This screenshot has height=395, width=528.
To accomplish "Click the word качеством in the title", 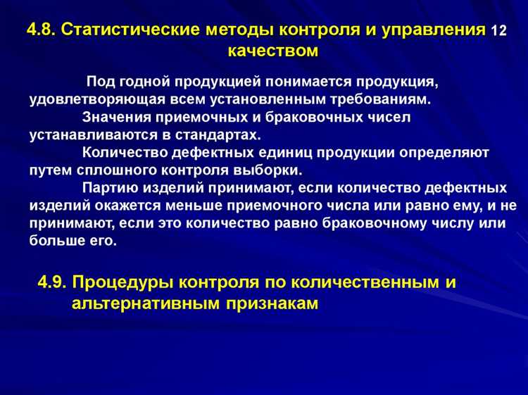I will [273, 51].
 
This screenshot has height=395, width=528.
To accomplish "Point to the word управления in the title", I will [441, 30].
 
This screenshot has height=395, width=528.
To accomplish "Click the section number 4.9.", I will [51, 282].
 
